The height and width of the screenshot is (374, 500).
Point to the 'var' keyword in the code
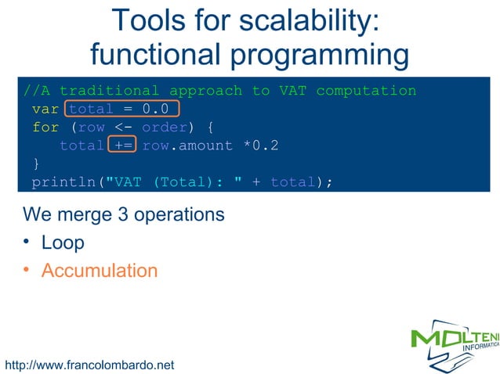point(45,110)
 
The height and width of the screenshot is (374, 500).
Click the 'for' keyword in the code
point(45,128)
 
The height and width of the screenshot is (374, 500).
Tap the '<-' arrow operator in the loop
point(122,128)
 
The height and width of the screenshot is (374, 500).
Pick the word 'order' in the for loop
point(164,128)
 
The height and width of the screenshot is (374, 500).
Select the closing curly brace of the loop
point(35,164)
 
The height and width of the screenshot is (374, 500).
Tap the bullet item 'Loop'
point(63,243)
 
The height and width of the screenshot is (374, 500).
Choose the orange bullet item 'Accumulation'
point(99,271)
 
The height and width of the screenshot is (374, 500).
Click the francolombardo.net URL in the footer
point(89,365)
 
